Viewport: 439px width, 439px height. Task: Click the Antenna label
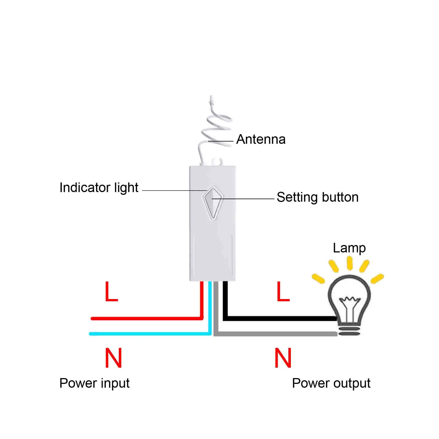[x=261, y=139]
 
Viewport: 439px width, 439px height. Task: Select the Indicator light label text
[x=99, y=188]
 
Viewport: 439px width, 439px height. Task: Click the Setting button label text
[x=317, y=197]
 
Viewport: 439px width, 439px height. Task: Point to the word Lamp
[x=349, y=248]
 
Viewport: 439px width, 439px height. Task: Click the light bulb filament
[x=349, y=300]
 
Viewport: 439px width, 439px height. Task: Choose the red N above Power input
[x=113, y=358]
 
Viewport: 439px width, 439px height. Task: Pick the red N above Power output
[x=283, y=358]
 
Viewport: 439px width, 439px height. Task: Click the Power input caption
[x=94, y=383]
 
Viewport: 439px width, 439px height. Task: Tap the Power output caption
[x=331, y=383]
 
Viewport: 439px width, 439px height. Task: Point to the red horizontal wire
[x=145, y=318]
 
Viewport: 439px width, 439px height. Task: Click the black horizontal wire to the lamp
[x=280, y=318]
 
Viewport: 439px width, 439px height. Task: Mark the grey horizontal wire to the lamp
[x=274, y=334]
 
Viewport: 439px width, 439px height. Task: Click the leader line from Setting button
[x=244, y=199]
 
